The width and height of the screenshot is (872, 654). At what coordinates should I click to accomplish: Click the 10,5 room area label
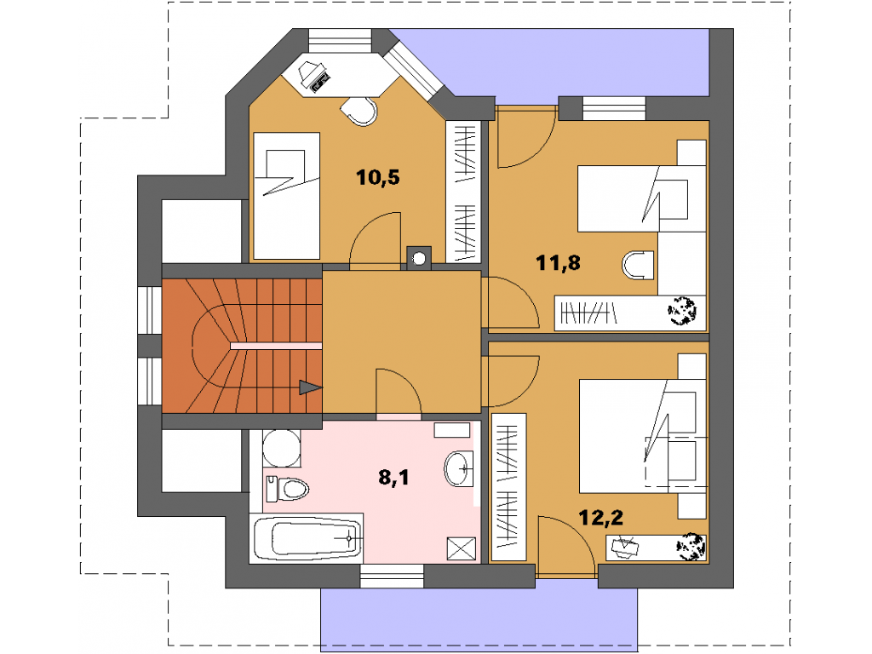[377, 177]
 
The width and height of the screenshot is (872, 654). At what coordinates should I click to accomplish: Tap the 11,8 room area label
[558, 262]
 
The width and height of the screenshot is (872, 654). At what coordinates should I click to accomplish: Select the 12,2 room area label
[600, 518]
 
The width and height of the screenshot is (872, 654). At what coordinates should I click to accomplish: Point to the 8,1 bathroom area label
[393, 477]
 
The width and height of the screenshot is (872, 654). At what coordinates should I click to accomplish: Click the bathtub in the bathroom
[307, 538]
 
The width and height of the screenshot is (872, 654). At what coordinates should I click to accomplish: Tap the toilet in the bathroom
[287, 490]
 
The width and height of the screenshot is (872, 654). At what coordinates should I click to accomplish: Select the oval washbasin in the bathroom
[459, 468]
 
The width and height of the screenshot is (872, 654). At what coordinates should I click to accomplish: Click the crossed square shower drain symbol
[462, 549]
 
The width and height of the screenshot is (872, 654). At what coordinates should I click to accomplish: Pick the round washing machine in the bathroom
[282, 448]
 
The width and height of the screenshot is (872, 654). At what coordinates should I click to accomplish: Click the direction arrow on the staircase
[310, 387]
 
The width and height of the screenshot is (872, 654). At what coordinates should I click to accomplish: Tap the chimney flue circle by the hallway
[419, 259]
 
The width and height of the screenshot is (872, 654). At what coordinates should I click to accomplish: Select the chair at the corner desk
[359, 112]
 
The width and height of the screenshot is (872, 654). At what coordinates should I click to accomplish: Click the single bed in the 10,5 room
[286, 196]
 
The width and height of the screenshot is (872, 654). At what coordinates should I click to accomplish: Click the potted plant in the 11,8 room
[682, 311]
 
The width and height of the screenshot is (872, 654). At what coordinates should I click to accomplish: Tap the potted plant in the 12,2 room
[690, 546]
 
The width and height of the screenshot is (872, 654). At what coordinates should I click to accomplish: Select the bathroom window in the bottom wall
[392, 577]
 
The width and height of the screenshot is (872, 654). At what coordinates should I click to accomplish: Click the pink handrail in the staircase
[277, 346]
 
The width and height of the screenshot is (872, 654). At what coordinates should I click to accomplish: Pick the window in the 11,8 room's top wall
[614, 108]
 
